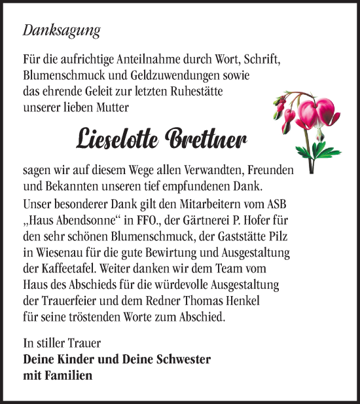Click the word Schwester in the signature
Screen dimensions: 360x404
[x=183, y=359]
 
